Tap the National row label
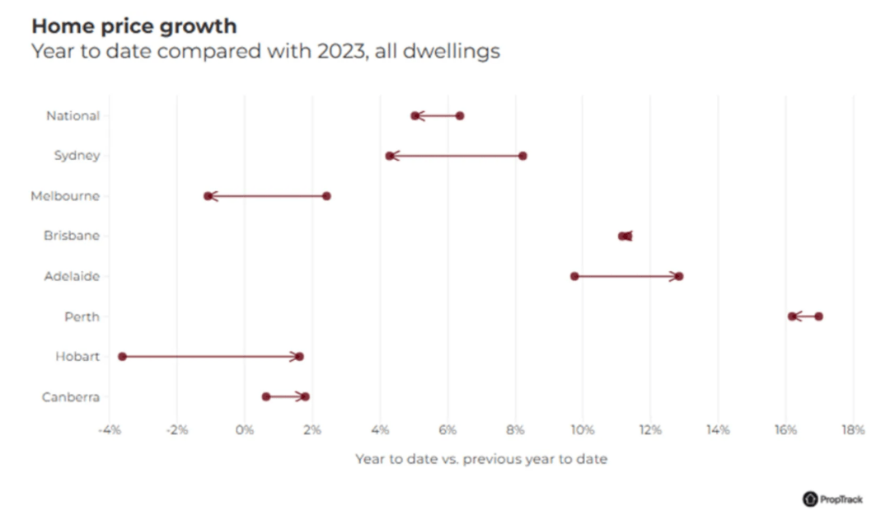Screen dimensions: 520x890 [x=73, y=115]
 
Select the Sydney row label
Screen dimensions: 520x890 [x=77, y=156]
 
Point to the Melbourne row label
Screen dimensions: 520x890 [x=65, y=196]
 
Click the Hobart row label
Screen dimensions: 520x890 [x=77, y=357]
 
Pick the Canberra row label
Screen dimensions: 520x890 [x=71, y=397]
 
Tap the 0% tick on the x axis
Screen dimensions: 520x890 [x=245, y=429]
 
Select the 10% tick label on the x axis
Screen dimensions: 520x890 [x=583, y=429]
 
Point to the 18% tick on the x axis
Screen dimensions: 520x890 [x=853, y=429]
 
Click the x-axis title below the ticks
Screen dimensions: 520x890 [x=481, y=459]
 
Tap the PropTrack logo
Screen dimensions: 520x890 [x=832, y=499]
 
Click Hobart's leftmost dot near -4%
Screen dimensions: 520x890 [x=122, y=357]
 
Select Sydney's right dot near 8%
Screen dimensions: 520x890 [x=522, y=156]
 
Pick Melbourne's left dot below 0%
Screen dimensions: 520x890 [x=208, y=196]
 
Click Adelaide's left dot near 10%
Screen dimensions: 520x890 [x=574, y=276]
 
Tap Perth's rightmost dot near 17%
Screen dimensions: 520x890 [x=818, y=316]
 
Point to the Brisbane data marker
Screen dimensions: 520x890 [x=625, y=236]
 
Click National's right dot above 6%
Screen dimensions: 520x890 [x=460, y=115]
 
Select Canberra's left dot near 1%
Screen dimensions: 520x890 [x=266, y=396]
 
